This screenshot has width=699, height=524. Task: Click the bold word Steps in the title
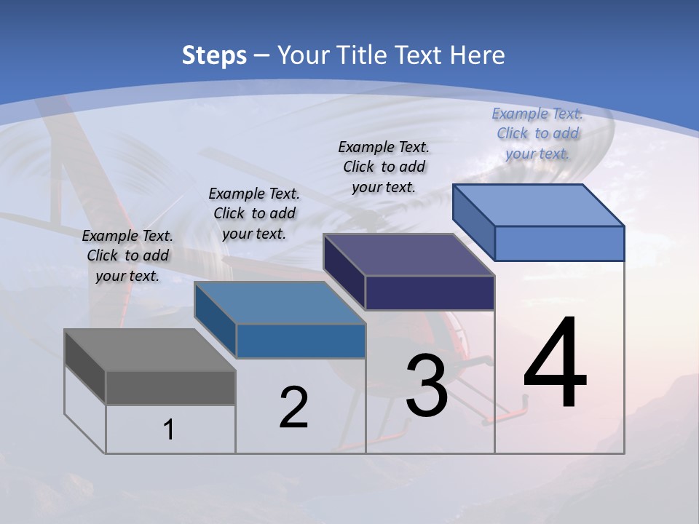pyautogui.click(x=214, y=55)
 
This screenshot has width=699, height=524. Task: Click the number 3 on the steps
pyautogui.click(x=427, y=386)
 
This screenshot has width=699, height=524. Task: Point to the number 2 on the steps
pyautogui.click(x=293, y=408)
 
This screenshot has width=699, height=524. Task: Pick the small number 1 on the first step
pyautogui.click(x=169, y=429)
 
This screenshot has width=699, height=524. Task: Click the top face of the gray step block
pyautogui.click(x=149, y=349)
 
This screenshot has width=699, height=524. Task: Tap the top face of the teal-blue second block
pyautogui.click(x=279, y=303)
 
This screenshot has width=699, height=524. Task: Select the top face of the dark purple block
pyautogui.click(x=408, y=255)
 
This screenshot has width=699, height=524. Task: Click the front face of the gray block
pyautogui.click(x=170, y=387)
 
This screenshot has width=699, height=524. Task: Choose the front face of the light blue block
pyautogui.click(x=559, y=243)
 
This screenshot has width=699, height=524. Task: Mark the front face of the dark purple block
pyautogui.click(x=430, y=293)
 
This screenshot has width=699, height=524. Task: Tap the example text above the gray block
pyautogui.click(x=127, y=255)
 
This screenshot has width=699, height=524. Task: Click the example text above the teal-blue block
pyautogui.click(x=254, y=213)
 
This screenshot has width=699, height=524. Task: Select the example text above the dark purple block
pyautogui.click(x=384, y=167)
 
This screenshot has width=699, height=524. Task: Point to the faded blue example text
pyautogui.click(x=537, y=133)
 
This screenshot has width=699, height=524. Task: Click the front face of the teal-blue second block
pyautogui.click(x=300, y=341)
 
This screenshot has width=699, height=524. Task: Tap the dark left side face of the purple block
pyautogui.click(x=344, y=271)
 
